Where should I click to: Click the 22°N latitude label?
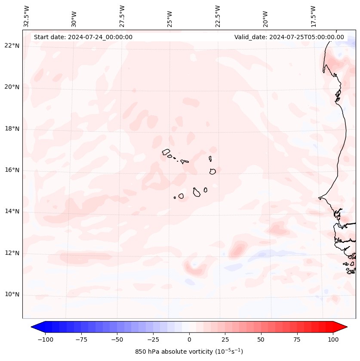[12, 46]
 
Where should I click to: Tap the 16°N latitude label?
[12, 170]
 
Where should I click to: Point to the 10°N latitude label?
[12, 294]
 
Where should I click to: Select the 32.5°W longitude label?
[27, 16]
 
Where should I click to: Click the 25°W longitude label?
[170, 18]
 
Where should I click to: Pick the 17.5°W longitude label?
[313, 16]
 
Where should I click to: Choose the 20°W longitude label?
[265, 18]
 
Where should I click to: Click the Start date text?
[83, 37]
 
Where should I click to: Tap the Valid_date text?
[289, 37]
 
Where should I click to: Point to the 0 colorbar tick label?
[189, 339]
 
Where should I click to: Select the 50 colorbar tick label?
[261, 339]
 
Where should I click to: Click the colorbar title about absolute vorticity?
[189, 352]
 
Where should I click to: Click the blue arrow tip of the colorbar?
[35, 327]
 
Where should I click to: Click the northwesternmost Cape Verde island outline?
[166, 151]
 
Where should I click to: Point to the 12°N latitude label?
[12, 253]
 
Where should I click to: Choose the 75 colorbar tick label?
[297, 339]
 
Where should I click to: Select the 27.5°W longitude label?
[122, 16]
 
